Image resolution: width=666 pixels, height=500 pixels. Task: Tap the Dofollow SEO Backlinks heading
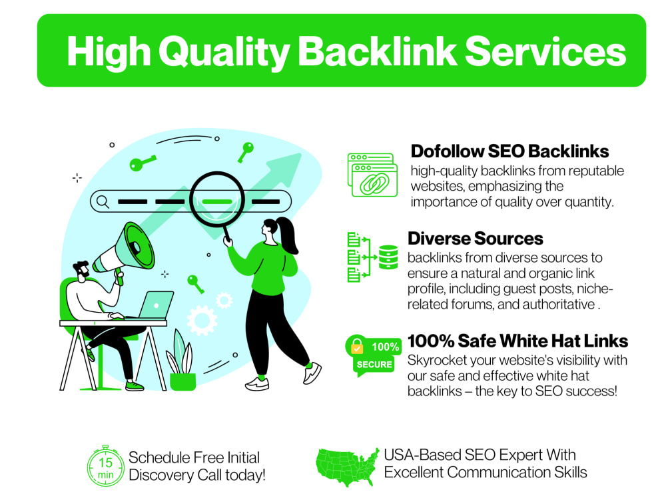click(x=509, y=151)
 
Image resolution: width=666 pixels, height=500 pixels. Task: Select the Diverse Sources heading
click(x=476, y=239)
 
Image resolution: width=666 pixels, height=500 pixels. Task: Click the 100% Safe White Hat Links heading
click(x=517, y=341)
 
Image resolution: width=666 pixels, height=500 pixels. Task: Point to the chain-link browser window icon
click(x=372, y=175)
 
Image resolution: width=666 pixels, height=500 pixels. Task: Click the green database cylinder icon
click(x=388, y=257)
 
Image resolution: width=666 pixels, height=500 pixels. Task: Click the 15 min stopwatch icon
click(x=105, y=467)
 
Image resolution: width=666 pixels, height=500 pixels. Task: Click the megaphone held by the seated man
click(x=124, y=249)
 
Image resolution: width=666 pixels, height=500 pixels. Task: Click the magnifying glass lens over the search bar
click(x=217, y=199)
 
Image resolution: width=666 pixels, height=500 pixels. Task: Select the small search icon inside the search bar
click(x=103, y=201)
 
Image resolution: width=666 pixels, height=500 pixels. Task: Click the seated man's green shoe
click(x=135, y=385)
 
